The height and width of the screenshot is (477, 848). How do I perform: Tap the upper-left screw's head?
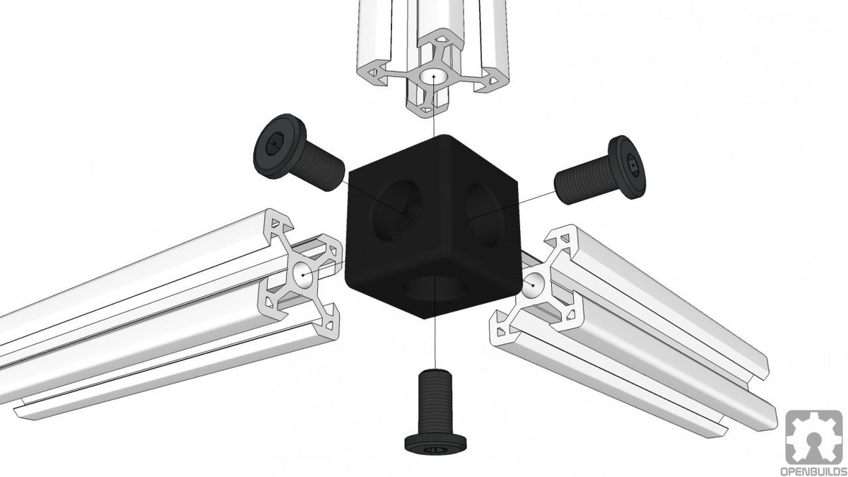[x=273, y=144]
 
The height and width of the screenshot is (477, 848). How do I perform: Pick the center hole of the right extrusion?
[x=534, y=283]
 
